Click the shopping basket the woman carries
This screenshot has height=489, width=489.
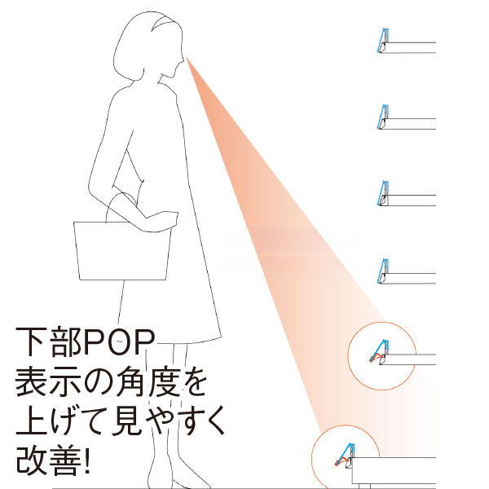(122, 251)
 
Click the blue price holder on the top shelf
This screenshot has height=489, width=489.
(383, 41)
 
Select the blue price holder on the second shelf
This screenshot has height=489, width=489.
(383, 117)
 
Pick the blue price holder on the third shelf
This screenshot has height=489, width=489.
(383, 193)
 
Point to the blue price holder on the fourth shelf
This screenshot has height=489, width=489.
(383, 271)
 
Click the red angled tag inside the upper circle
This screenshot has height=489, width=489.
(377, 358)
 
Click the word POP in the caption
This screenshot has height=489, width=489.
(120, 341)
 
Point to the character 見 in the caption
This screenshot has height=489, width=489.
(126, 421)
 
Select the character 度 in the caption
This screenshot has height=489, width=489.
(165, 381)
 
